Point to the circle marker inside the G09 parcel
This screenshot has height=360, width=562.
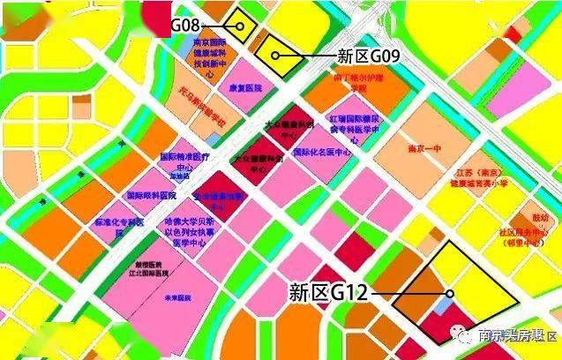point(276,56)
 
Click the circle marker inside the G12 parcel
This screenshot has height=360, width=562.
point(449,294)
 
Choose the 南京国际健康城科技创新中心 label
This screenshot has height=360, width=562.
point(210,59)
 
